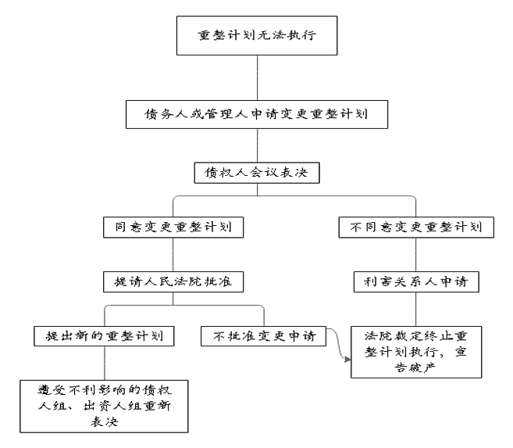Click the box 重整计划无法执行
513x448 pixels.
click(x=257, y=35)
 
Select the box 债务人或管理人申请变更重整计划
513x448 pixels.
click(x=257, y=114)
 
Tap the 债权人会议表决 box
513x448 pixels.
click(x=257, y=173)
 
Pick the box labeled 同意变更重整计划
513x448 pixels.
click(x=173, y=227)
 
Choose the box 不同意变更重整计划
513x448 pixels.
click(x=416, y=227)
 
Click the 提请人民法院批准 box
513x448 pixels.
click(x=173, y=281)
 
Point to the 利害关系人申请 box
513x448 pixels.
click(x=416, y=281)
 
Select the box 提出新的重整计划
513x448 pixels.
click(x=104, y=336)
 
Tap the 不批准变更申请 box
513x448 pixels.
click(x=263, y=336)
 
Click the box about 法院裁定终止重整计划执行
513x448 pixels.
click(x=416, y=352)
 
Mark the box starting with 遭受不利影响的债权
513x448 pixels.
click(x=104, y=407)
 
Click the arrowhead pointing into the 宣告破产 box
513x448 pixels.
click(x=347, y=360)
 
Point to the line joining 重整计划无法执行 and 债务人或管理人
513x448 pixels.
click(x=257, y=78)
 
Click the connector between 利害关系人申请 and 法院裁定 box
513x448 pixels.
click(x=416, y=309)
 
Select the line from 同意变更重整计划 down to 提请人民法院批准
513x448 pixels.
click(x=173, y=254)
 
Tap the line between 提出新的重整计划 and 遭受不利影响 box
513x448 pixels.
click(x=105, y=364)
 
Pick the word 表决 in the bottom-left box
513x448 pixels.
click(x=104, y=421)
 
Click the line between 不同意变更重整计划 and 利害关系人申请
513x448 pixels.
click(x=416, y=254)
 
